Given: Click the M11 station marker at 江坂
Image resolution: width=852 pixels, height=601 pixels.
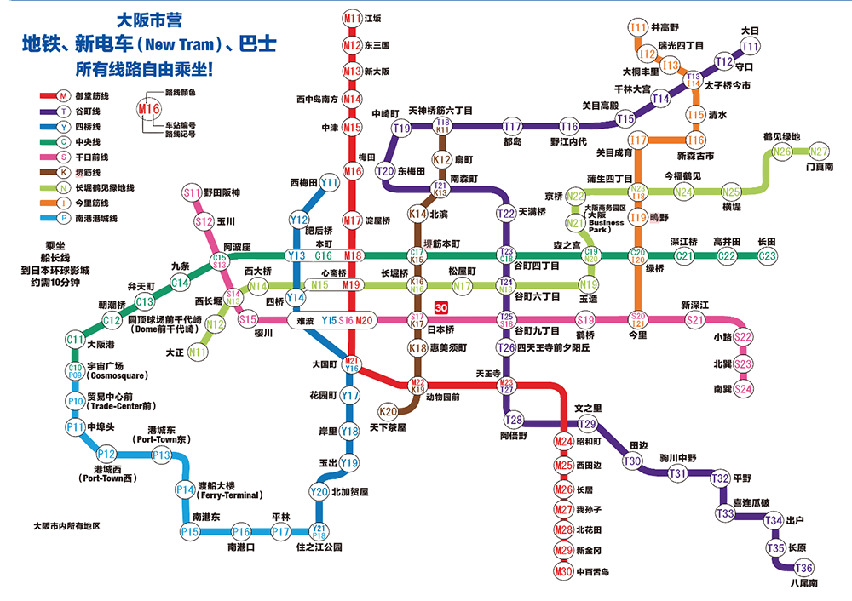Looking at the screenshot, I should pos(353,18).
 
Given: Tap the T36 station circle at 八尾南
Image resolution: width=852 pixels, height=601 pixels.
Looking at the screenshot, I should pos(803,569).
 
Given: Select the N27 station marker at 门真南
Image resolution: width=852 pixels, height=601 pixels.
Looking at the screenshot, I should pos(819,152).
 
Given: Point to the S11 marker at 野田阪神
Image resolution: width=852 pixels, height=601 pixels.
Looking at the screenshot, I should pos(192,193).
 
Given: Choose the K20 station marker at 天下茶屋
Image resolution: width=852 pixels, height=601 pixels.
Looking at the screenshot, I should pos(388,412).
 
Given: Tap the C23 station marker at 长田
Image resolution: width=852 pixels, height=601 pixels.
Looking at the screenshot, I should pos(768,255).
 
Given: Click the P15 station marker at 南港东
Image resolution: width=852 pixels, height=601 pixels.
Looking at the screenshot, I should pos(190,532).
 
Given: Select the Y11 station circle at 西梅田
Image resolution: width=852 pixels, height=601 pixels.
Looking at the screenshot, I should pos(329,182).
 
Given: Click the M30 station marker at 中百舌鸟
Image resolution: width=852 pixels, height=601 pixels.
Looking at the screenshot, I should pos(563,571).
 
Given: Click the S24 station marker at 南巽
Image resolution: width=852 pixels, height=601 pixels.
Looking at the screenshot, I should pos(744,388).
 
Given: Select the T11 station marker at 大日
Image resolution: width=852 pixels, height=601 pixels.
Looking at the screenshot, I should pos(751,46).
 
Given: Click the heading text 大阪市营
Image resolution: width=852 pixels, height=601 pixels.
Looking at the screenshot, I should pos(148,19).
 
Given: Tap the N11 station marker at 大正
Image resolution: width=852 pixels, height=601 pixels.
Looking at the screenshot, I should pos(199,351).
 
